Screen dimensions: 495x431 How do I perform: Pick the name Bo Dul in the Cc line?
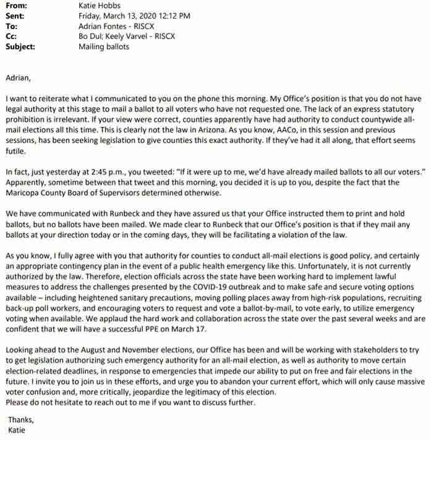[x=91, y=36]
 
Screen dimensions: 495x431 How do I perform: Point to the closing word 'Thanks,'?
[x=21, y=420]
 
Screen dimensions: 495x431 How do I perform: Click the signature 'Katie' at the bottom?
[x=17, y=429]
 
